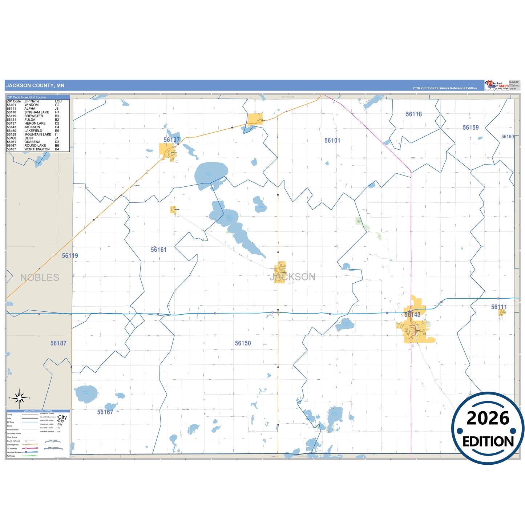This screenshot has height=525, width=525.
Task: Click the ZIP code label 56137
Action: tap(171, 140)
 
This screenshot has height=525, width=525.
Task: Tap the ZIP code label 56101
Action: tap(332, 141)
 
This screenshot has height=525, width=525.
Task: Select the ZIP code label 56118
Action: tap(413, 114)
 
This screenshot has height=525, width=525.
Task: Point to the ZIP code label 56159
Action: tap(471, 128)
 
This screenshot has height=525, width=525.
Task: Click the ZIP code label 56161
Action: tap(158, 250)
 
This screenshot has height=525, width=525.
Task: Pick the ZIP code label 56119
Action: tap(70, 256)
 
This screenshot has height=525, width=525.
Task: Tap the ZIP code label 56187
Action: tap(58, 343)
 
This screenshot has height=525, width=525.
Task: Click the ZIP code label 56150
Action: tap(243, 343)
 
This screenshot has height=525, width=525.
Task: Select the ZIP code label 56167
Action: tap(105, 412)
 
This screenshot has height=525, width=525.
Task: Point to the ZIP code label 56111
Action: tap(498, 307)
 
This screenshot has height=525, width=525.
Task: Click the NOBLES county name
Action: tap(40, 278)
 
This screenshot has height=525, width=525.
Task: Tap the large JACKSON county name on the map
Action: tap(293, 277)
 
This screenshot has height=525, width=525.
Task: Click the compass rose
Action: tap(20, 398)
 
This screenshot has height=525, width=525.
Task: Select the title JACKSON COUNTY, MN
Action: tap(35, 86)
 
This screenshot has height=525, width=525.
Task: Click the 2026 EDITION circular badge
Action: tap(488, 428)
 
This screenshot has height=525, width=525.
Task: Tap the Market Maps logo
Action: tap(497, 85)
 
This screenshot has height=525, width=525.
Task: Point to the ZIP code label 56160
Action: tap(507, 137)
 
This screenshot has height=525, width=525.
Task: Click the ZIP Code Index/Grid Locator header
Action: tap(27, 97)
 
